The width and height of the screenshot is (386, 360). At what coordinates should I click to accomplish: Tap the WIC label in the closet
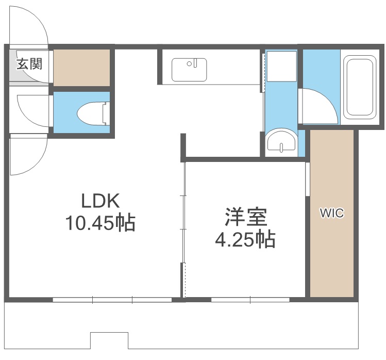coord(332,212)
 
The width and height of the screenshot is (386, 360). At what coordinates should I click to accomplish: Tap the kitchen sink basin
coord(189,70)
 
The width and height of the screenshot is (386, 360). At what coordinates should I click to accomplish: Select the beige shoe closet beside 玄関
coord(82,68)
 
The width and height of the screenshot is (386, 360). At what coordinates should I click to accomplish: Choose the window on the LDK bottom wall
coord(112,299)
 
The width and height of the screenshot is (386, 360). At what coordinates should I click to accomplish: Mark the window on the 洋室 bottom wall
coord(250,299)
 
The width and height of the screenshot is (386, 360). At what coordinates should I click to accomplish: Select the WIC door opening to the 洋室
coord(307,179)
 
